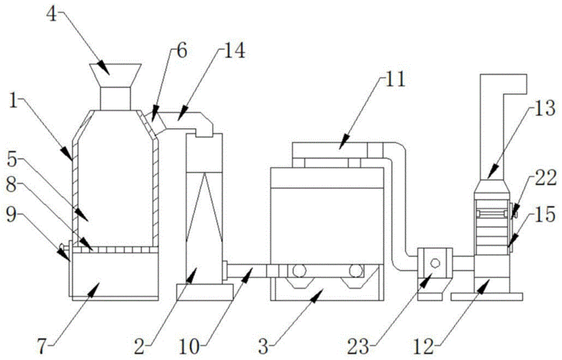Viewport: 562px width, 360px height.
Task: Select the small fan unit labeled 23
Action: click(434, 262)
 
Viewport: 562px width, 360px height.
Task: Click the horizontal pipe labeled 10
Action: click(248, 269)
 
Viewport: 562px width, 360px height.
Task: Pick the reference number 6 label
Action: click(181, 50)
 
